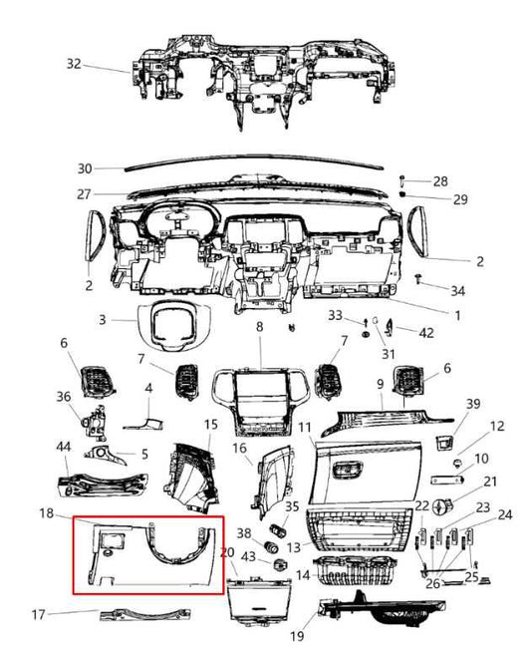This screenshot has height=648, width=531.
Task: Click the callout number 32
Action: [x=74, y=63]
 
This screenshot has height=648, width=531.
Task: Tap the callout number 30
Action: [x=84, y=167]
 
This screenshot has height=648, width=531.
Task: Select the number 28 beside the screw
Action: [x=439, y=180]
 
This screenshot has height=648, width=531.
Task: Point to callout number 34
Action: [x=457, y=291]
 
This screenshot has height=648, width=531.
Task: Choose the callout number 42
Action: [x=426, y=332]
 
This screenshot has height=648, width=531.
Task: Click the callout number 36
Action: [x=64, y=396]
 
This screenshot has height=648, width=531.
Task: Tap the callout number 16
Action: [x=239, y=449]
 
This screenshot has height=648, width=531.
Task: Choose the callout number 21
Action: [x=490, y=482]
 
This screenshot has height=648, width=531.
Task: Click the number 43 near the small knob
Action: [x=250, y=555]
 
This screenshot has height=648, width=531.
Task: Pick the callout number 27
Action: [x=84, y=194]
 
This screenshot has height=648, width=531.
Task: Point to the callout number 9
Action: [x=380, y=383]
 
